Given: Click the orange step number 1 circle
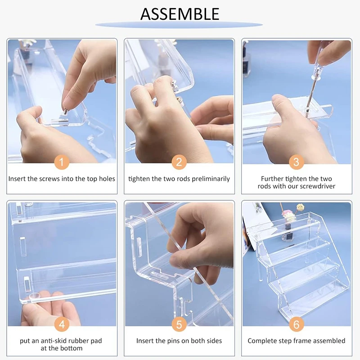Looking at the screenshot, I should [62, 162].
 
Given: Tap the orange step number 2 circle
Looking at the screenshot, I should [179, 162].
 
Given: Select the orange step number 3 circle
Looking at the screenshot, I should [296, 162].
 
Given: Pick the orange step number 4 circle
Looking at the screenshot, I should [62, 324].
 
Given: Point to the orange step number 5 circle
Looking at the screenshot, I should [179, 324].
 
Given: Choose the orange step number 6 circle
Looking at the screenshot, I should [296, 324].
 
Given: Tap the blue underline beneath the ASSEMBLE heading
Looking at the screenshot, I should [180, 25].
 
